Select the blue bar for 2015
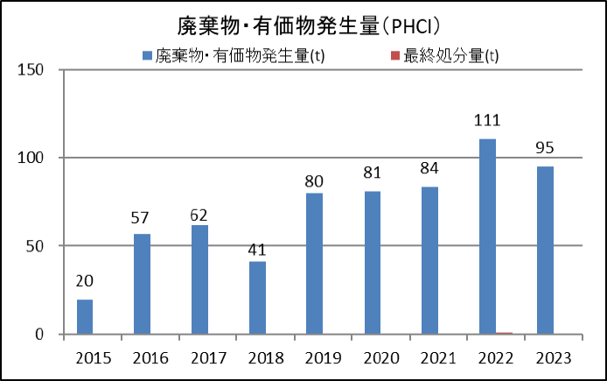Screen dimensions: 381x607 click(x=85, y=316)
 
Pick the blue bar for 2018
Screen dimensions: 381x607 click(x=257, y=298)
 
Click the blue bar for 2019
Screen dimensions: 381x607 click(x=314, y=263)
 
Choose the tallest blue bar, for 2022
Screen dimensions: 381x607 click(x=487, y=236)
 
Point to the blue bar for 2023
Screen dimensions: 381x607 click(x=545, y=250)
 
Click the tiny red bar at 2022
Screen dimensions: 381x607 click(x=504, y=333)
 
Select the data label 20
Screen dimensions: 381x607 click(x=85, y=281)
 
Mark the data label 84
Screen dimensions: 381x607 click(x=429, y=168)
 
